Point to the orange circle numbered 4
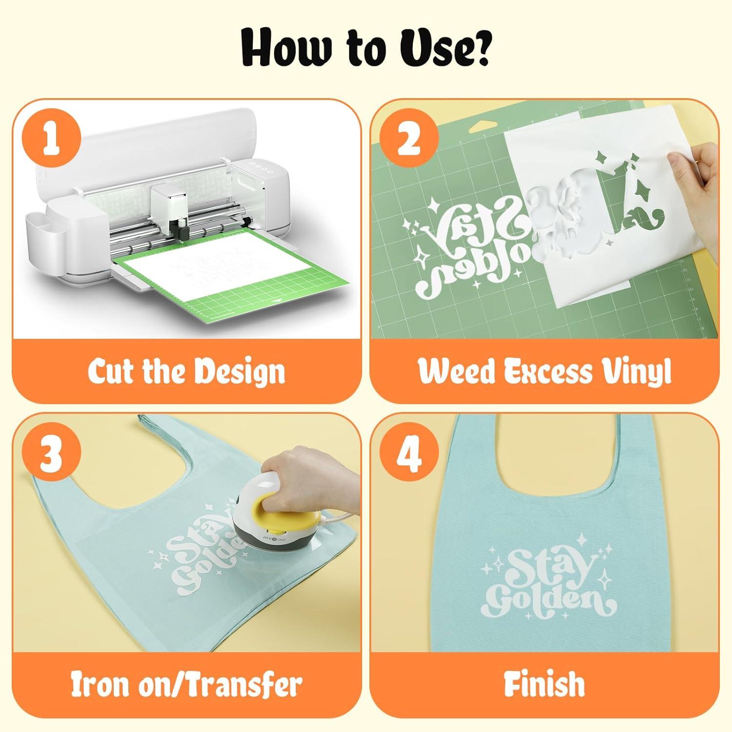409,454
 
